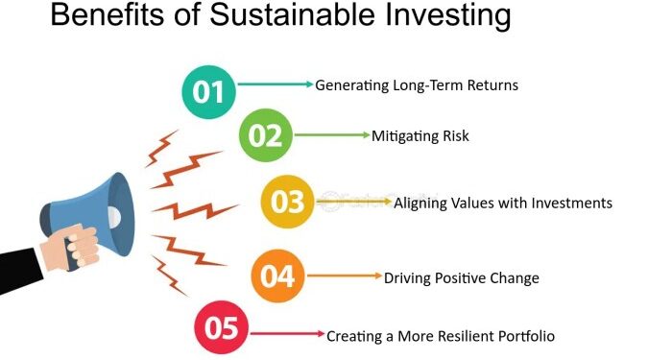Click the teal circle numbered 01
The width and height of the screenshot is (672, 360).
pos(208,91)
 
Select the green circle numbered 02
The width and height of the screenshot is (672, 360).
pos(264,135)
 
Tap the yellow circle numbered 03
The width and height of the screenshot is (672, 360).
pos(288,202)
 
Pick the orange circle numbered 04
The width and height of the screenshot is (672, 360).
pos(277,276)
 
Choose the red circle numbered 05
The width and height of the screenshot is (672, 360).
pos(221,328)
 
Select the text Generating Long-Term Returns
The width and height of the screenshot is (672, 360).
pos(417,85)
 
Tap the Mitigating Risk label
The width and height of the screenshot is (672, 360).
pos(420,136)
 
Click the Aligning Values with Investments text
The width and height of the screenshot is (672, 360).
pos(502,204)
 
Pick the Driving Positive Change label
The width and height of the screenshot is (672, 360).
pos(462,278)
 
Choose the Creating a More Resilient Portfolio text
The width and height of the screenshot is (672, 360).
pos(441,336)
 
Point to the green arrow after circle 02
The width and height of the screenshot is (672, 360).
pos(332,135)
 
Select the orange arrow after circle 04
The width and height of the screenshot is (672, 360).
pos(345,276)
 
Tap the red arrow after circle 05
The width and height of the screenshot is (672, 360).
pos(288,334)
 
